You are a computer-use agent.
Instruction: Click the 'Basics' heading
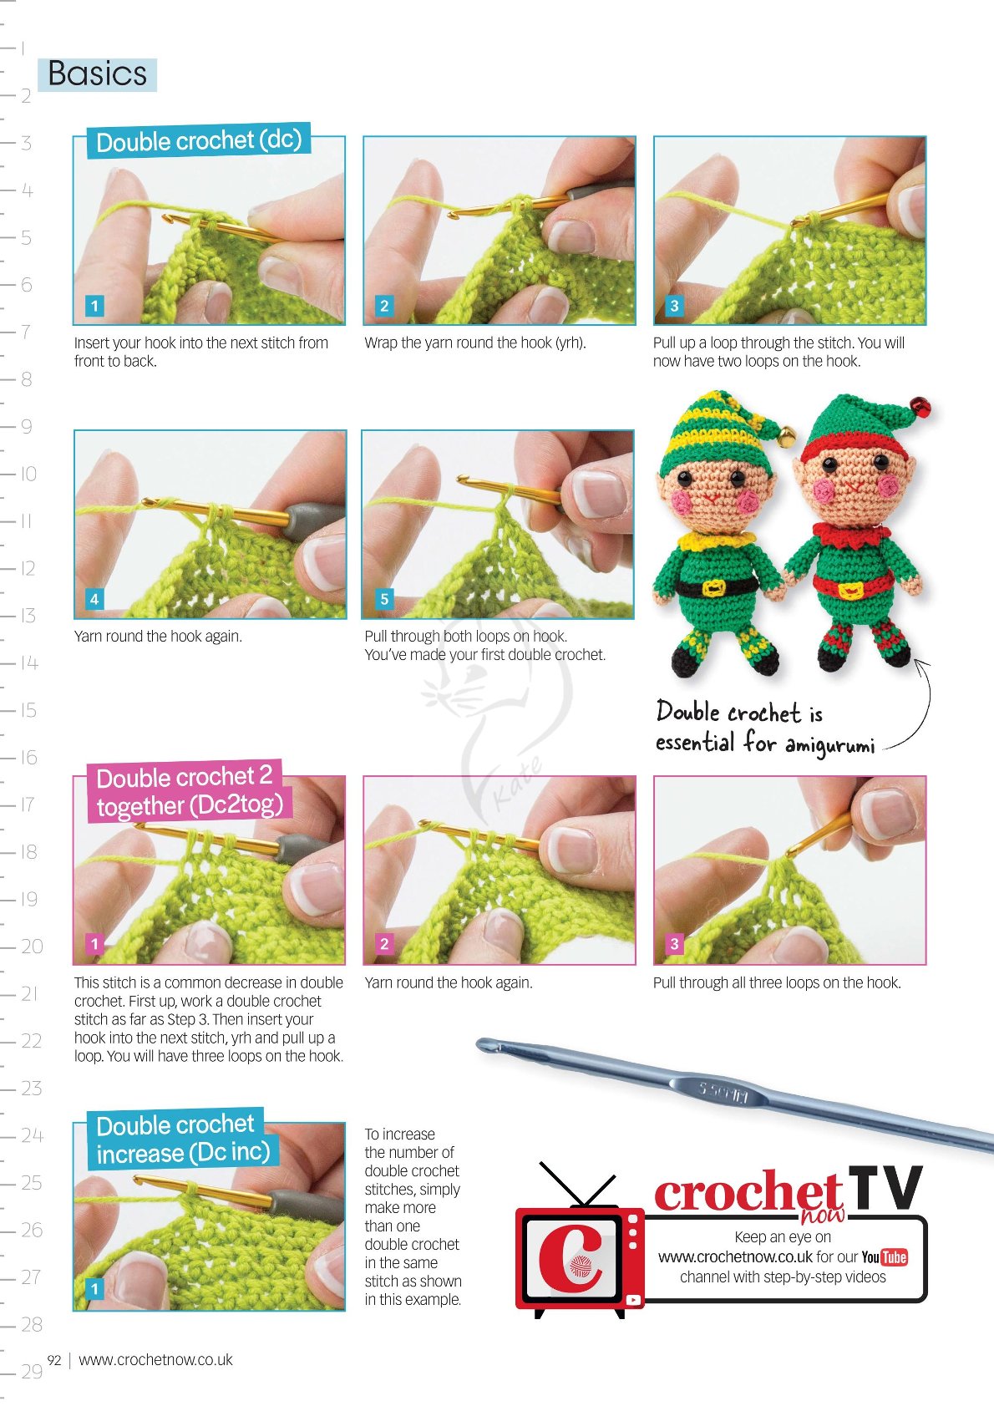97,74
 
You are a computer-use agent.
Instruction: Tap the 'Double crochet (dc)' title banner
198,140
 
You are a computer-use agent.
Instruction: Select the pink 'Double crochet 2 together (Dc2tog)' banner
188,791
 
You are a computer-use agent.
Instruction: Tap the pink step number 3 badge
674,944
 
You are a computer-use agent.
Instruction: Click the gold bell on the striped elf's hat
787,434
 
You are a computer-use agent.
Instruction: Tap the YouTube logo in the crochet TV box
885,1257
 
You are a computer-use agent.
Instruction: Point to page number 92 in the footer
54,1359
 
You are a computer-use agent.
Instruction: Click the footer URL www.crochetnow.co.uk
155,1359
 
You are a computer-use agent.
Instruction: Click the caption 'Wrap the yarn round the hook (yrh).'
475,343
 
